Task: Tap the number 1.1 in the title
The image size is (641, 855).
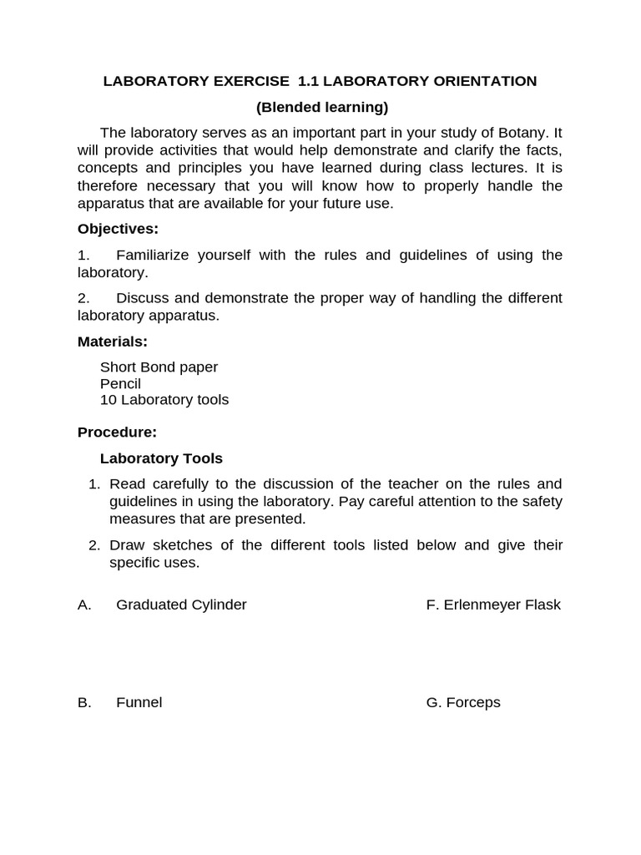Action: [x=307, y=81]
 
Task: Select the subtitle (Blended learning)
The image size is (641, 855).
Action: [x=321, y=107]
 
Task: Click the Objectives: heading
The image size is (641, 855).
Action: [x=118, y=229]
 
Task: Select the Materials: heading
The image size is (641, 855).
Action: [x=113, y=341]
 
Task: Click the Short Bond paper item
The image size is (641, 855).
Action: [x=159, y=367]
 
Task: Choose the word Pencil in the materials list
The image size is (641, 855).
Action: [x=120, y=383]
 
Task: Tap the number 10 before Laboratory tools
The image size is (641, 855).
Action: [x=109, y=400]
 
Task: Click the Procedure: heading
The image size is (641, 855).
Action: [x=117, y=433]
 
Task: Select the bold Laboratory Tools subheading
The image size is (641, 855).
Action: [x=161, y=458]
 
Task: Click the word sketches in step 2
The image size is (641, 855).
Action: [x=186, y=545]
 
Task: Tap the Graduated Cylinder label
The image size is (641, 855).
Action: [x=181, y=605]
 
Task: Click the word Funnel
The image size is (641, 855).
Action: [x=139, y=702]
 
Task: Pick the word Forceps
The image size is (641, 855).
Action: [x=472, y=702]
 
